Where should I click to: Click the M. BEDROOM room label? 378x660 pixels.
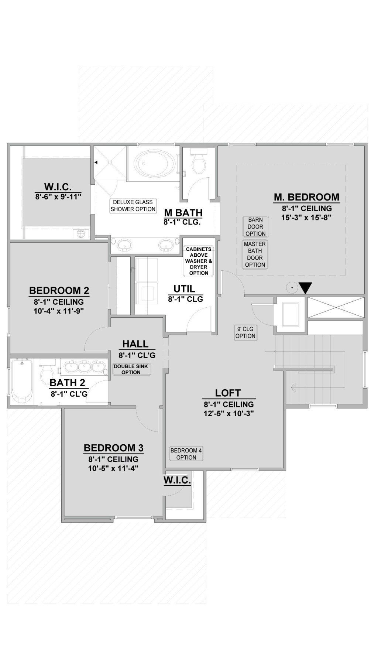coord(306,197)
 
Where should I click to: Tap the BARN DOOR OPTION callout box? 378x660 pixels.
coord(255,227)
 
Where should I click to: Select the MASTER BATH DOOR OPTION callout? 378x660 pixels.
coord(255,254)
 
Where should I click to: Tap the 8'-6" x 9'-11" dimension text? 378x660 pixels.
coord(58,197)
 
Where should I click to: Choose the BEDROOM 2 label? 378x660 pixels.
coord(59,290)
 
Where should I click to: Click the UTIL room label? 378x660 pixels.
coord(185,288)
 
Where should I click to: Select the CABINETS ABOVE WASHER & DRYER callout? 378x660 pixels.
coord(199,261)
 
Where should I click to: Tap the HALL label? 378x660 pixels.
coord(135,344)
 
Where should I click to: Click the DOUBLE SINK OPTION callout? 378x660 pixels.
coord(131,369)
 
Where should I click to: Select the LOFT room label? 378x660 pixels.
coord(228,393)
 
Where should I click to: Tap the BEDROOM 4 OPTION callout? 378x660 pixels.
coord(186,454)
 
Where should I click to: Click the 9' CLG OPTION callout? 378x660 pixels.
coord(245,332)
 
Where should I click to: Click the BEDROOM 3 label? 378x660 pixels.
coord(113,448)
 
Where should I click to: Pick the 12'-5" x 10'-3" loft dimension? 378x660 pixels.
coord(228,413)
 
